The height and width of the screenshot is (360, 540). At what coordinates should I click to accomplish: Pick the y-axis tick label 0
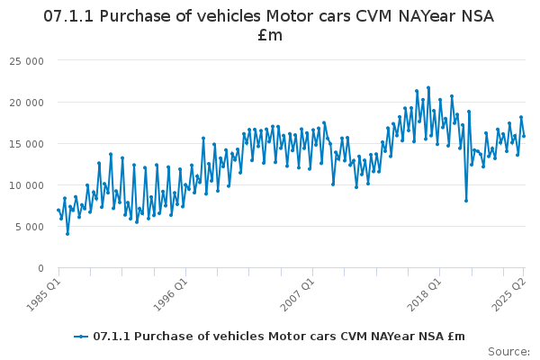click(41, 268)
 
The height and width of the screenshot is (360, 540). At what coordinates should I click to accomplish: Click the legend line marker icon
click(82, 336)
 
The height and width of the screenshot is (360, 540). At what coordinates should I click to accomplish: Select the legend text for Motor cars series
click(279, 336)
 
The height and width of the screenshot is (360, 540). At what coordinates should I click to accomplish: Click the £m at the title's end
click(270, 36)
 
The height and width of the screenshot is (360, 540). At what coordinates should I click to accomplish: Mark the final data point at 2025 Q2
click(524, 136)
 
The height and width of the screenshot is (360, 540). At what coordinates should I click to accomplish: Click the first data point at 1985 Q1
click(58, 210)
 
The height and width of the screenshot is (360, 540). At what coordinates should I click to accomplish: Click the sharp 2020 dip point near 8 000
click(466, 201)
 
